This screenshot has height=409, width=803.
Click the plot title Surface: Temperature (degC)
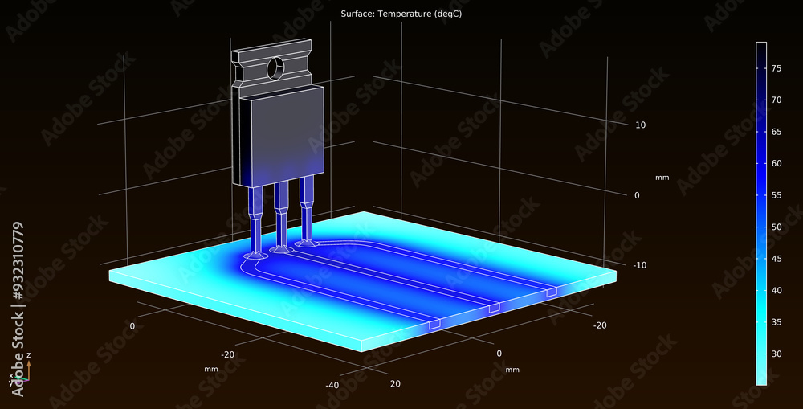pos(401,14)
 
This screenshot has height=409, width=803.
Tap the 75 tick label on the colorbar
pos(777,69)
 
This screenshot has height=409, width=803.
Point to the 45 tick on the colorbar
pos(777,259)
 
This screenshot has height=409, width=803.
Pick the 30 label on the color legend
pos(777,354)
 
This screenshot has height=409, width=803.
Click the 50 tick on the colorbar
pos(777,227)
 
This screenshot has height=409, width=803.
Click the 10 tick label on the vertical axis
pos(641,125)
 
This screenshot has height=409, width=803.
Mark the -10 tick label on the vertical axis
pos(639,265)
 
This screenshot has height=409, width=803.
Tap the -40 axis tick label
pos(331,385)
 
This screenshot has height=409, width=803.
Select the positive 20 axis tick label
pos(394,383)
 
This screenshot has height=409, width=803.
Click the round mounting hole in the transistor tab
pos(276,67)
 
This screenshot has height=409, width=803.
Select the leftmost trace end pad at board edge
pos(434,325)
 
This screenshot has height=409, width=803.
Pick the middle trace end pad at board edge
pos(494,308)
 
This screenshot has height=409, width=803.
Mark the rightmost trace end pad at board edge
pos(552,292)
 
